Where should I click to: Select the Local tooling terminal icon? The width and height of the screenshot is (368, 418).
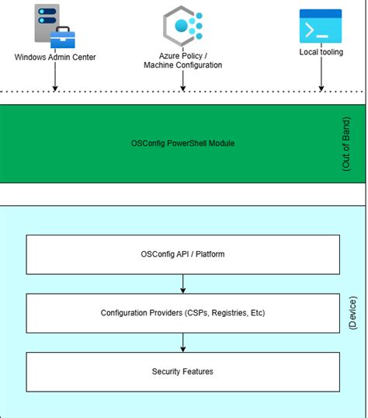click(x=321, y=26)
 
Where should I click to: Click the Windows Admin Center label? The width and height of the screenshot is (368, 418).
click(x=55, y=57)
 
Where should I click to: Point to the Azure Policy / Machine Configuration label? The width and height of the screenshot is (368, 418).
click(x=183, y=60)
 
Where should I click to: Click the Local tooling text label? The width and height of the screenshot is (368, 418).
click(x=321, y=52)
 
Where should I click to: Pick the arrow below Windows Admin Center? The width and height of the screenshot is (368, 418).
click(x=55, y=77)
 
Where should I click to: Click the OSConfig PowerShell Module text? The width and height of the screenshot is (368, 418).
click(x=183, y=144)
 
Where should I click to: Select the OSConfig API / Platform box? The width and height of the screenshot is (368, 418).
click(x=183, y=254)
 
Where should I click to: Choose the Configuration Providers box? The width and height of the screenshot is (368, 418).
click(x=183, y=313)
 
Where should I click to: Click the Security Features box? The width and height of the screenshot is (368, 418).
click(x=183, y=371)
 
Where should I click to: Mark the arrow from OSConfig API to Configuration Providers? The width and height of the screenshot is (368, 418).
click(x=183, y=284)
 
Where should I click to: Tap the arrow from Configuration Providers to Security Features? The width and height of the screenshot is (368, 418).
click(x=183, y=342)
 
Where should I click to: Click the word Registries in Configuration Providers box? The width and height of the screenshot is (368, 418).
click(x=226, y=313)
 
